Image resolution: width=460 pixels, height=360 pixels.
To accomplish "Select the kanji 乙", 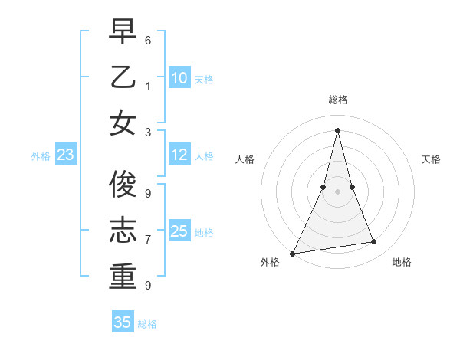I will [x=123, y=78].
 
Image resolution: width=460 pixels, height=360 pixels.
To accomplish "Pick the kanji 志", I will [x=123, y=231].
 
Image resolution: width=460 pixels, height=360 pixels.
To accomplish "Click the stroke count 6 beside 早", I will [x=148, y=39].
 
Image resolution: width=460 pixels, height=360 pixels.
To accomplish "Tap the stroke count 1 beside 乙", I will [x=148, y=87].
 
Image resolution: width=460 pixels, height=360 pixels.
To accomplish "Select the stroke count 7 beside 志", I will [x=148, y=240].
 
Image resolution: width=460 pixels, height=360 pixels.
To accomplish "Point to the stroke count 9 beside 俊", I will [x=148, y=193].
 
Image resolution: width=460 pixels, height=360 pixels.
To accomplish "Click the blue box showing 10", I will [x=179, y=78].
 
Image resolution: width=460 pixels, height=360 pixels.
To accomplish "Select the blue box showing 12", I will [x=179, y=155].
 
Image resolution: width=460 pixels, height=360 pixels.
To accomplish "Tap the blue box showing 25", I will [x=179, y=231].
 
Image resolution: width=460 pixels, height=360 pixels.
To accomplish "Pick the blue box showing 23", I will [x=66, y=155].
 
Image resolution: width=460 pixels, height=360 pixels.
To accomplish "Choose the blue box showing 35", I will [x=123, y=322].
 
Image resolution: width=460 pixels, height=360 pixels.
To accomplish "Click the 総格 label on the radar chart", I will [x=337, y=100].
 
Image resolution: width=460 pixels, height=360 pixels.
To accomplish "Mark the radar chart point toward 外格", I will [x=292, y=254].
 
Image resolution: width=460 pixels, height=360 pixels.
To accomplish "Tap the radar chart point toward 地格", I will [x=374, y=242].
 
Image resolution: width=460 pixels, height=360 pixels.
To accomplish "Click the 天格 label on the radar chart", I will [x=431, y=159].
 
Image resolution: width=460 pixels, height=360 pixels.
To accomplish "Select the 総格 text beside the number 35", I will [x=147, y=324].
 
